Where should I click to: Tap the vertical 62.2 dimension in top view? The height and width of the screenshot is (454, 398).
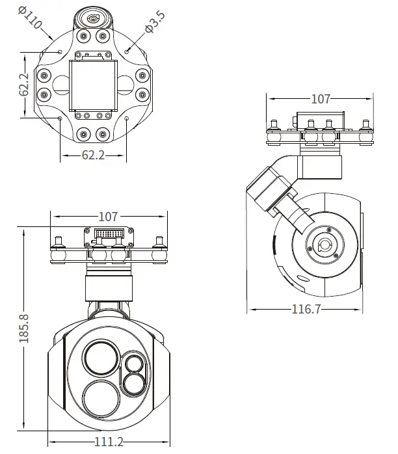tap(24, 84)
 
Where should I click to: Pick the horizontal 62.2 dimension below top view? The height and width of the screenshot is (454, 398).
tap(94, 156)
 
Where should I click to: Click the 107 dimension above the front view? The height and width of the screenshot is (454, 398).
tap(108, 216)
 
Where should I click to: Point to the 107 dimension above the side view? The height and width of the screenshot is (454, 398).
tap(321, 99)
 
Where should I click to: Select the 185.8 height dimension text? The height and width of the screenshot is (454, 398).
tap(24, 328)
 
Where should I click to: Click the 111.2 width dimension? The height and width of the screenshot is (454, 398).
tap(109, 441)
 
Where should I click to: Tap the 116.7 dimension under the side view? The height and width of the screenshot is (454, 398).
tap(306, 309)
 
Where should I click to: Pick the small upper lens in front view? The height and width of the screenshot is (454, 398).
tap(135, 362)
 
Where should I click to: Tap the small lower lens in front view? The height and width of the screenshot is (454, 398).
tap(135, 382)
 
